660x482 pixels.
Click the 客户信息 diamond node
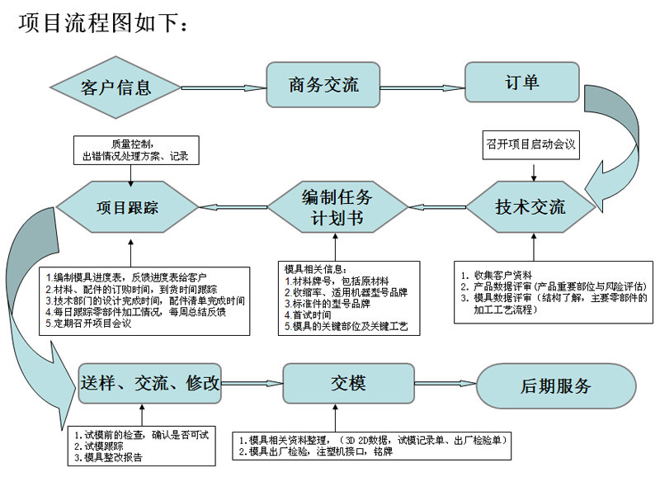coord(116,87)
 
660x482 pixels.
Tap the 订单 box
coord(521,83)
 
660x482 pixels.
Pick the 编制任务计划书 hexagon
coord(337,207)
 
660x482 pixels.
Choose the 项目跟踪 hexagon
coord(127,207)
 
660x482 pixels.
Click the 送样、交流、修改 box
coord(150,383)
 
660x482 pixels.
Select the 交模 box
coord(347,384)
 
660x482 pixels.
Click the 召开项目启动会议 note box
coord(531,144)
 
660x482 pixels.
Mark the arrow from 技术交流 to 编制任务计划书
coord(436,207)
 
